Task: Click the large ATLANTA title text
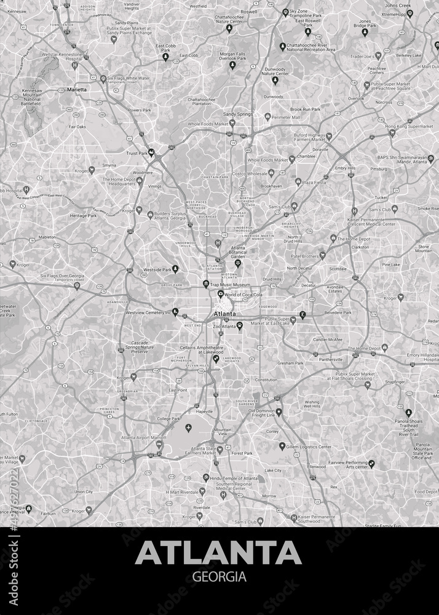tap(218, 553)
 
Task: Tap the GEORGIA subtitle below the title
tap(219, 577)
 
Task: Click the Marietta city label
tap(77, 89)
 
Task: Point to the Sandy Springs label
tap(237, 114)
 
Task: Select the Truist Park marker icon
tap(151, 153)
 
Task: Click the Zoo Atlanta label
tap(224, 326)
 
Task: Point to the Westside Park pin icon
tap(175, 269)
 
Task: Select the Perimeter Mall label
tap(287, 117)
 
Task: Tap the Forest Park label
tap(242, 453)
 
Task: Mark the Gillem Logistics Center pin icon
tap(282, 446)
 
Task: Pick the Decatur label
tap(308, 285)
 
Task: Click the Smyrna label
tap(109, 165)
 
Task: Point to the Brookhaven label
tap(271, 185)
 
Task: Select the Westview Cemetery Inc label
tap(148, 312)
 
